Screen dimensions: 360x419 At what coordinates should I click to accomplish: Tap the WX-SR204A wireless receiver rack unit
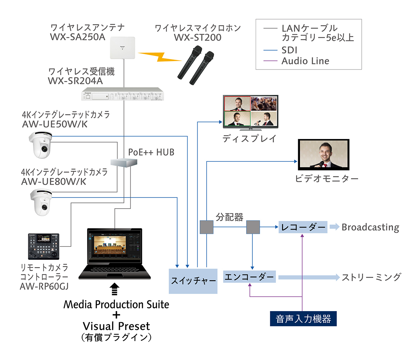click(x=123, y=95)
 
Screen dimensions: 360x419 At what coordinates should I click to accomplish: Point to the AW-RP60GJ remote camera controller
click(x=44, y=246)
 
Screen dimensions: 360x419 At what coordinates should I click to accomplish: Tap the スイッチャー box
click(x=193, y=281)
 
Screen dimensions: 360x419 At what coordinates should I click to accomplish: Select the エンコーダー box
click(x=249, y=277)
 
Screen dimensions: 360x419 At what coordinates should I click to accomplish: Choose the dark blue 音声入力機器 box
click(x=303, y=319)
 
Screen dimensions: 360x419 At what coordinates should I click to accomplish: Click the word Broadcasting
click(x=370, y=227)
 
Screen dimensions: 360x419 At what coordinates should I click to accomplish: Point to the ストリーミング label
click(x=371, y=277)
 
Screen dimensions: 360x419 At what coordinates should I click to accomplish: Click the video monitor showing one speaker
click(x=323, y=155)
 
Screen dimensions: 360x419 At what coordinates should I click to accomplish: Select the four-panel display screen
click(x=250, y=111)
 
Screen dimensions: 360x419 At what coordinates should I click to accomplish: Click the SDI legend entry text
click(x=289, y=50)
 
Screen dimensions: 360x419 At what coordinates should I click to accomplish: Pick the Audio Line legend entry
click(x=305, y=61)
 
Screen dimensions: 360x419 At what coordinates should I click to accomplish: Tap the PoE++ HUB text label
click(x=151, y=152)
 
